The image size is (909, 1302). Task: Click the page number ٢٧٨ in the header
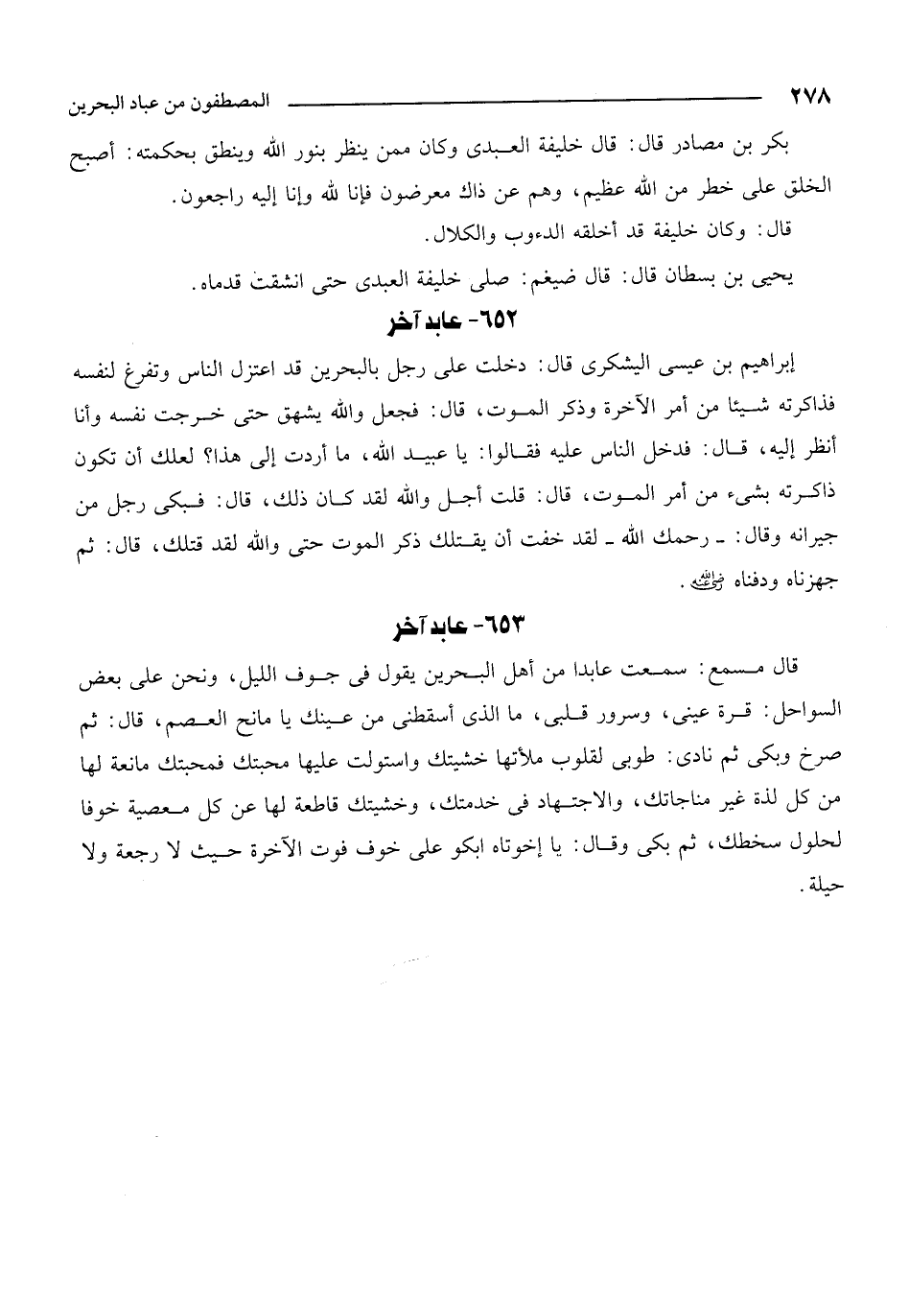pyautogui.click(x=810, y=95)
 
